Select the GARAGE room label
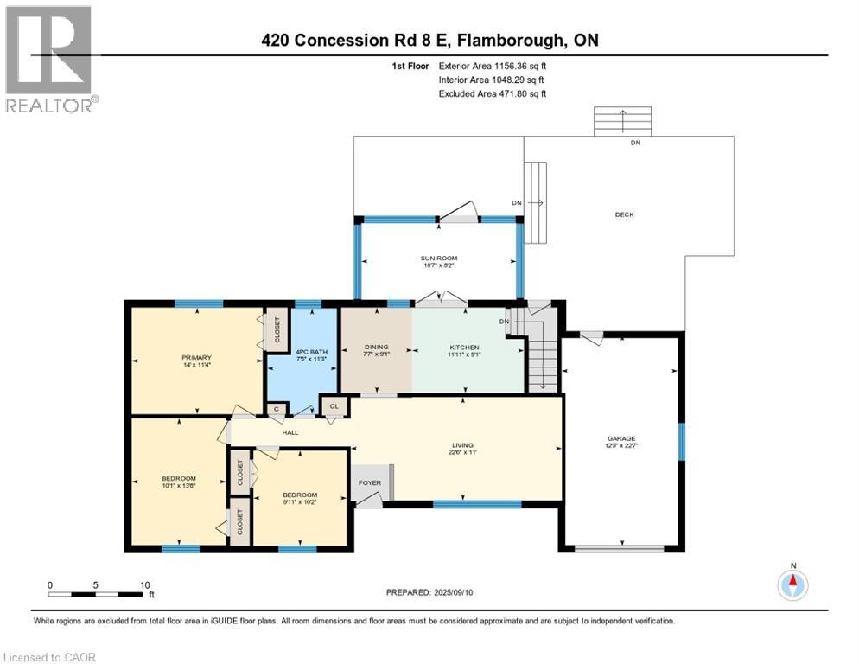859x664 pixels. click(x=620, y=438)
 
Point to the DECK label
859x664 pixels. click(x=624, y=214)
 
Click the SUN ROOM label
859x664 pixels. click(x=440, y=258)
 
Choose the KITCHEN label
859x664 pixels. click(x=463, y=348)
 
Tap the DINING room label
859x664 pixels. click(x=375, y=348)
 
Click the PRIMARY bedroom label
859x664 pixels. click(x=196, y=356)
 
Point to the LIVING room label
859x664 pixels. click(x=458, y=444)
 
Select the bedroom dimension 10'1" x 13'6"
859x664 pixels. click(x=179, y=486)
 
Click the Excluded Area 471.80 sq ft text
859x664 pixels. click(x=492, y=93)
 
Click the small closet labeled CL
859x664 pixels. click(x=333, y=405)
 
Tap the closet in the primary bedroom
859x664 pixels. click(x=277, y=329)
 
